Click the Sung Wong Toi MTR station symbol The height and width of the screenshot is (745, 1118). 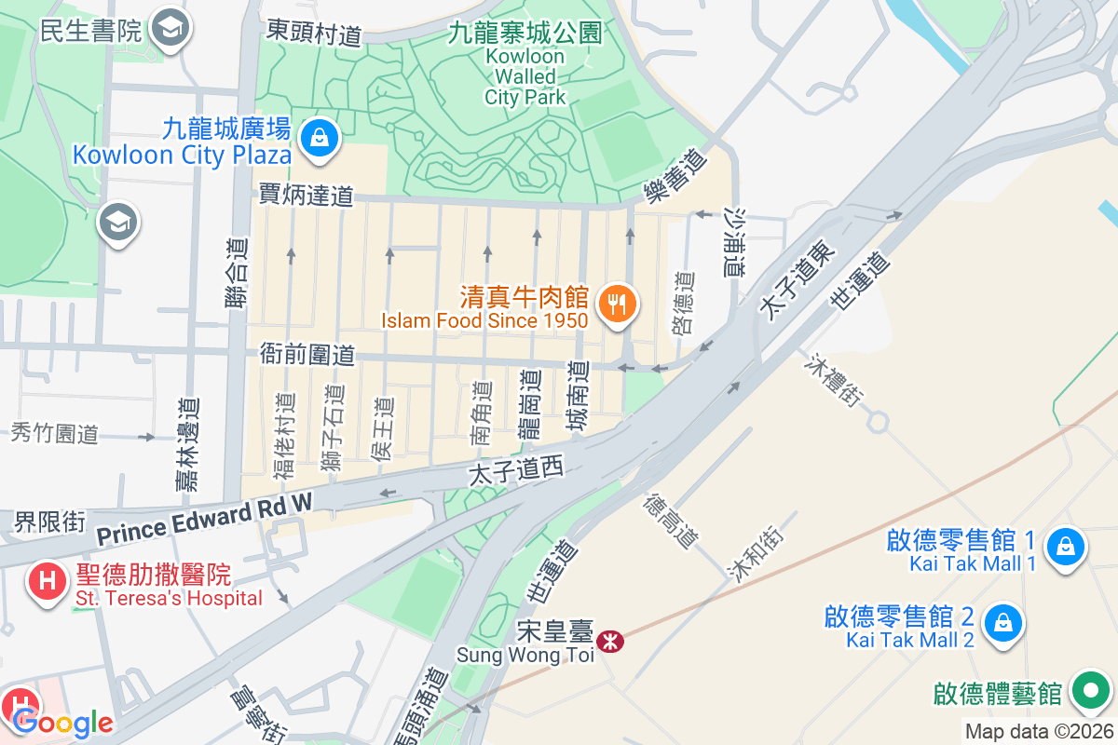coord(611,642)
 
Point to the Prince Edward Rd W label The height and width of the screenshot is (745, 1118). coord(205,523)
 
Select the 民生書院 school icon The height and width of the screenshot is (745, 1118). coord(170,29)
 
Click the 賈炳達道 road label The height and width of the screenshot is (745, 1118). coord(307,196)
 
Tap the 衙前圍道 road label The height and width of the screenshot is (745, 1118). coord(307,355)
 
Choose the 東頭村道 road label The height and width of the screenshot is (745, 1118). coord(314,34)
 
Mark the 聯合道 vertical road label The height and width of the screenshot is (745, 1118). coord(237,273)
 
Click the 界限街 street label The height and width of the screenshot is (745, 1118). coord(49,521)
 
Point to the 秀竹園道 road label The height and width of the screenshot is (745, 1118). coord(55,433)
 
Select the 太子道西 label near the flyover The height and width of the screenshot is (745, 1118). coord(516,472)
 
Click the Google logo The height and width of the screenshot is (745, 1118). coord(63,723)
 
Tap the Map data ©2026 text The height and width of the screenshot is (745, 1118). coord(1038,732)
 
